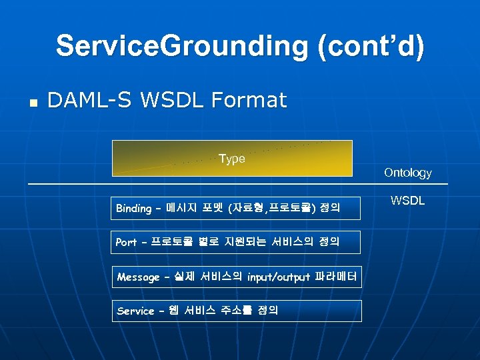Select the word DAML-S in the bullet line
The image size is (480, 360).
[88, 101]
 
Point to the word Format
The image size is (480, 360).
[249, 101]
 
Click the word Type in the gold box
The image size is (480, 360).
[231, 159]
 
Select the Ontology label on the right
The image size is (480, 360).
[407, 173]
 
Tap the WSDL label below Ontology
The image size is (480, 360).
[407, 199]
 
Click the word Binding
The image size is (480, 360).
[133, 209]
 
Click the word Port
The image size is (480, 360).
[126, 243]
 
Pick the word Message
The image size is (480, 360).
[138, 277]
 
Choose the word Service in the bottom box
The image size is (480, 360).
[135, 311]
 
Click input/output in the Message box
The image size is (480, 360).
[277, 277]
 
